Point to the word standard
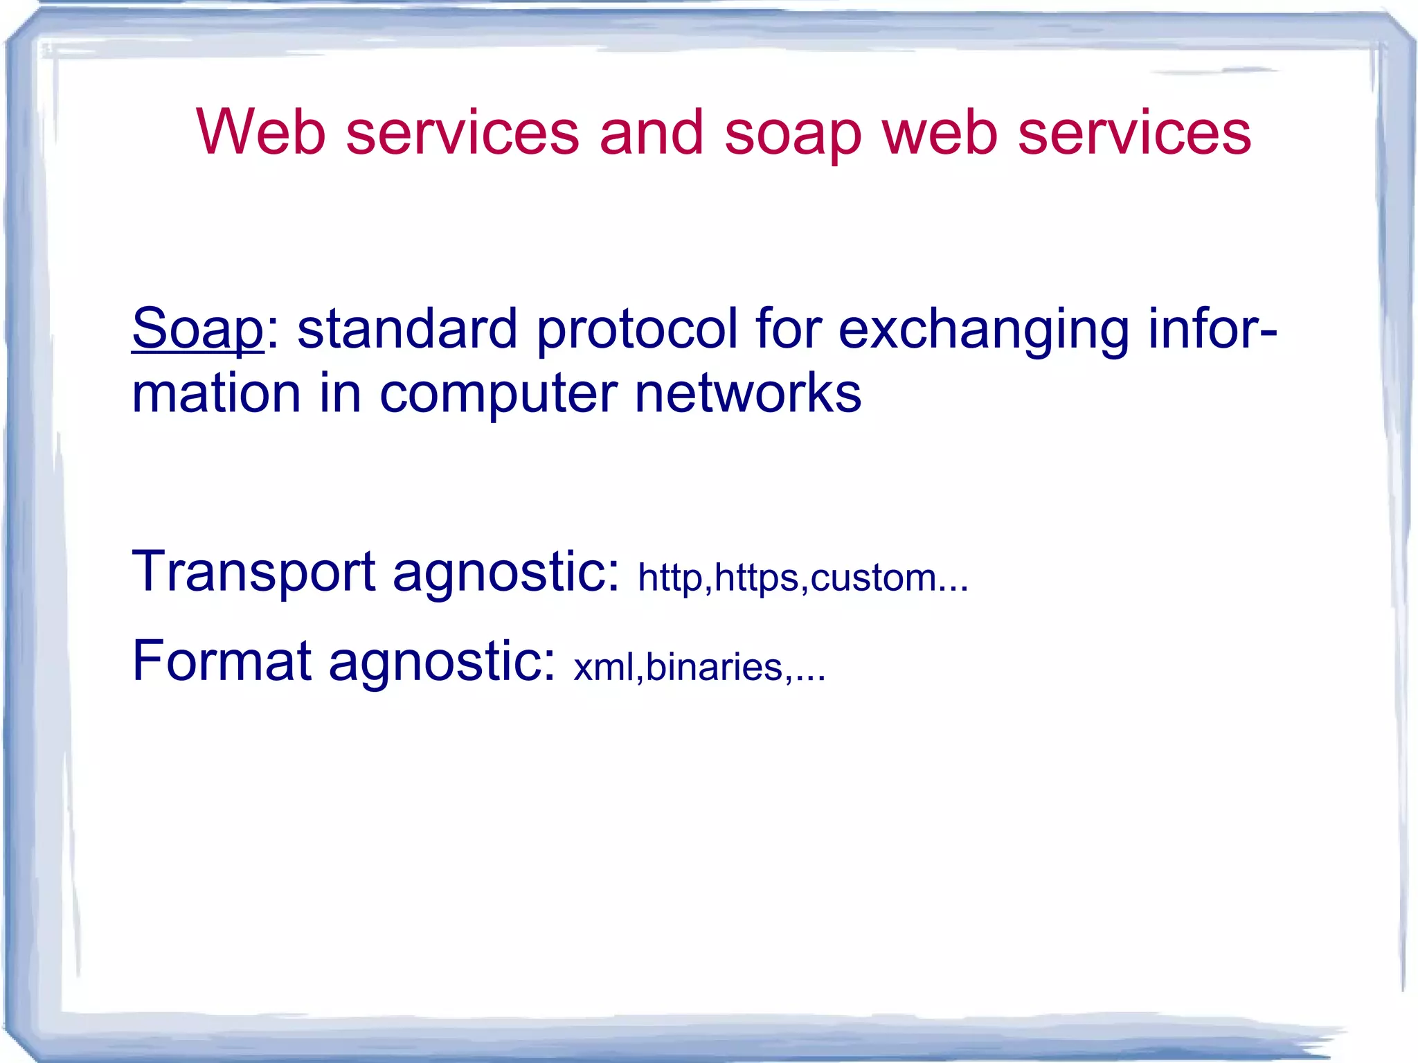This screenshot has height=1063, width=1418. [407, 328]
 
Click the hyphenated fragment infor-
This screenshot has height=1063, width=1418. [1212, 328]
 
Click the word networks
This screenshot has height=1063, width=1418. [748, 393]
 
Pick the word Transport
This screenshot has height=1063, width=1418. [253, 573]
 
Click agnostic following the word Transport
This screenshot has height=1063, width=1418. [505, 574]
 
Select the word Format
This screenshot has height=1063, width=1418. [222, 661]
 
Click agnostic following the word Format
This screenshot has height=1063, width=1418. [440, 663]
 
